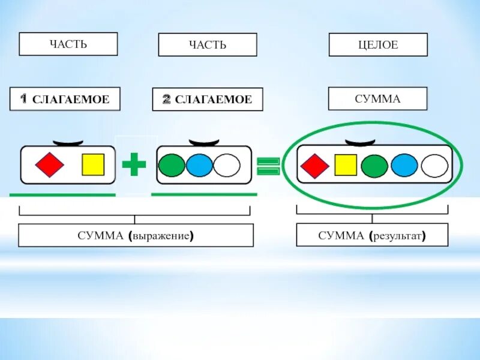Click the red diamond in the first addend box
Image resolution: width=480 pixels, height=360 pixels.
tap(49, 165)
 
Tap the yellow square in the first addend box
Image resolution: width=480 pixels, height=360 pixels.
tap(93, 165)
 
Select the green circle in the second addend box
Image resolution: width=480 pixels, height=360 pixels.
tap(172, 165)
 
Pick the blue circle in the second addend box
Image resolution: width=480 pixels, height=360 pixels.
tap(199, 165)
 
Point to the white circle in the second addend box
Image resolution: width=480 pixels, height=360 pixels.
tap(227, 165)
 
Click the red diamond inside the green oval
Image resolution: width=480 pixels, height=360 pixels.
tap(314, 166)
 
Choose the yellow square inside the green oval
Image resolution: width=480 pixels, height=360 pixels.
tap(346, 166)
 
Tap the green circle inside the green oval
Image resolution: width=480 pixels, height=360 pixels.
tap(374, 166)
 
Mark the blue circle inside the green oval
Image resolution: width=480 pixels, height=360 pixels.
tap(404, 166)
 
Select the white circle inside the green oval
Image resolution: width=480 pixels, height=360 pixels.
tap(434, 166)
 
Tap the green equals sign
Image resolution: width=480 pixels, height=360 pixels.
tap(268, 166)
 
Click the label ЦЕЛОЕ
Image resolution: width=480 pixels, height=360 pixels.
tap(378, 45)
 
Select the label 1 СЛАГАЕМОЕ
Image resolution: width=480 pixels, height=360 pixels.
tap(65, 99)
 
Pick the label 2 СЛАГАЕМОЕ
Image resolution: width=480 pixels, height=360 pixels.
tap(207, 100)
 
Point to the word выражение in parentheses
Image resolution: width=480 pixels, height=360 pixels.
tap(160, 236)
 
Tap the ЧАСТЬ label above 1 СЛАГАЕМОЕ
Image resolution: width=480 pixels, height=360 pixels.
tap(68, 44)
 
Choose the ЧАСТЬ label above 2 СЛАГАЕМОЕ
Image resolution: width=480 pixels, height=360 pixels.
tap(207, 45)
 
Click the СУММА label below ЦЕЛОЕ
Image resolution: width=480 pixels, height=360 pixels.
tap(377, 98)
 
